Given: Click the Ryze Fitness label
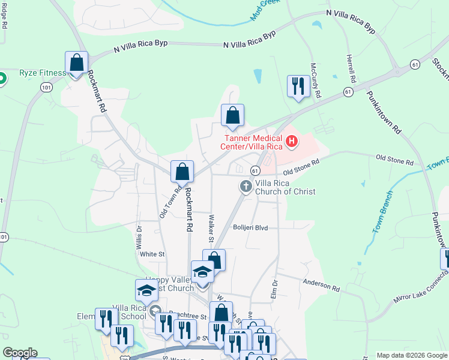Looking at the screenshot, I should [x=42, y=73].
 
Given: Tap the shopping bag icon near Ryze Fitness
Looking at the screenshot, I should [x=77, y=63].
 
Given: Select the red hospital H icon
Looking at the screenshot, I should [x=292, y=142].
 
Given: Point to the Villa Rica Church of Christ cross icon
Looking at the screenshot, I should [x=246, y=187].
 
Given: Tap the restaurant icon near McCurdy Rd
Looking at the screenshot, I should [x=298, y=87].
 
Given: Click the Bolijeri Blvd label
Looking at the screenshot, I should [x=250, y=228].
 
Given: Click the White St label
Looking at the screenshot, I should [x=152, y=254].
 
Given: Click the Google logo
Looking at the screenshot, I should [x=20, y=353].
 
